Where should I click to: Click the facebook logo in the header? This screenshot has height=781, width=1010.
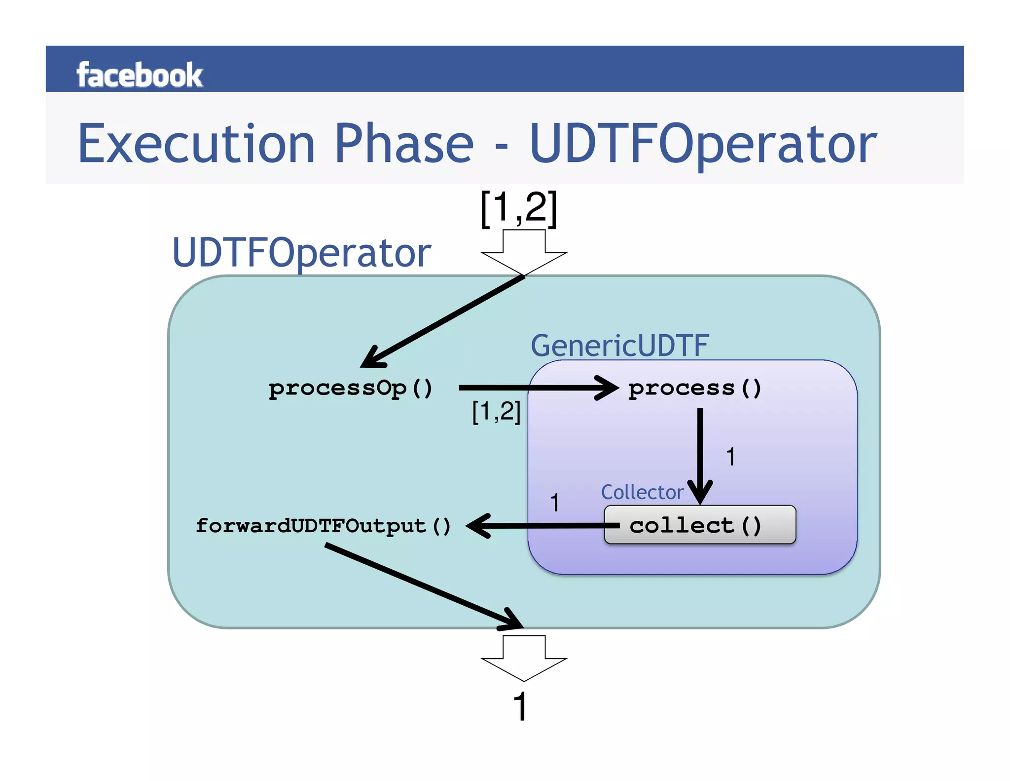point(139,75)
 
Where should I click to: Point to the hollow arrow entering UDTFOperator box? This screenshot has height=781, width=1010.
point(524,252)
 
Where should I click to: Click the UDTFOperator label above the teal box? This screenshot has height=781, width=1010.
point(301,253)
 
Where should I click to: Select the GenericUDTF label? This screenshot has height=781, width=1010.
point(619,345)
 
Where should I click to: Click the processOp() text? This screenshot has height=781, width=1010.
point(350,388)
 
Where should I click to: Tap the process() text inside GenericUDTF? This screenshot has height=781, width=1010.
point(694,388)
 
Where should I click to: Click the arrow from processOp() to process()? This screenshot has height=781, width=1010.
point(538,388)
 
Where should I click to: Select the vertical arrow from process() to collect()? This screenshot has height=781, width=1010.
point(700,454)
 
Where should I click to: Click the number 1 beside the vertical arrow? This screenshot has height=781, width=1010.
point(730,457)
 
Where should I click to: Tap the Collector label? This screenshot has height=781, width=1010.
point(642,492)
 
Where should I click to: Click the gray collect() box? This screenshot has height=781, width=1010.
point(699,525)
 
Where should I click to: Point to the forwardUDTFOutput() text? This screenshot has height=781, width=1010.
point(323,526)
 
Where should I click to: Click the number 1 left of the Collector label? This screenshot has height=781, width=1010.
point(554,503)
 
